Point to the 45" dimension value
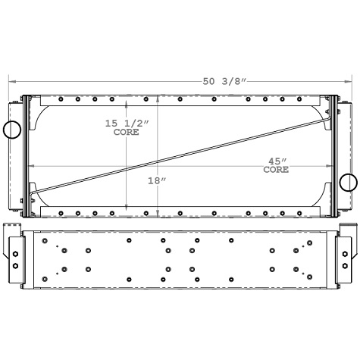click(276, 161)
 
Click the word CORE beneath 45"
click(276, 170)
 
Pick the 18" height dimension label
click(158, 180)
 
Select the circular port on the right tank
click(348, 182)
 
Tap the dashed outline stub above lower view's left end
click(13, 228)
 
